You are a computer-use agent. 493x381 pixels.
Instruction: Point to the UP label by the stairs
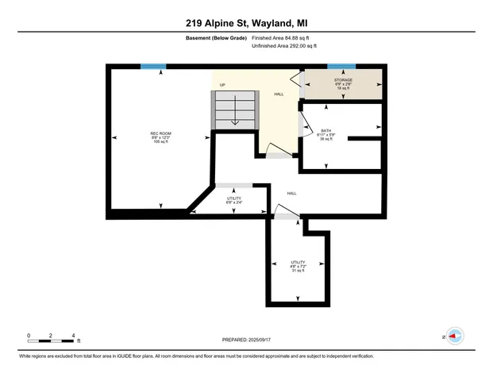pos(222,86)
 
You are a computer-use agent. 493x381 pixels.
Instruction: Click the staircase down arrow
pos(235,115)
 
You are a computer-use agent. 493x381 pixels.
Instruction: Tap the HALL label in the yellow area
pos(279,94)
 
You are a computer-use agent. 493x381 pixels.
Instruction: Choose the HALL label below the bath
pos(292,193)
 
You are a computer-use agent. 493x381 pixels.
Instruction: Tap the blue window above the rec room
pos(153,67)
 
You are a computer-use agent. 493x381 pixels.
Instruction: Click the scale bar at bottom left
pos(51,341)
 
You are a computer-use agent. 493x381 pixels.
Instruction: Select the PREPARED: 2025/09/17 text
pos(246,340)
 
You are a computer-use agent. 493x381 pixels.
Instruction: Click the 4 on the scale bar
pos(73,335)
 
